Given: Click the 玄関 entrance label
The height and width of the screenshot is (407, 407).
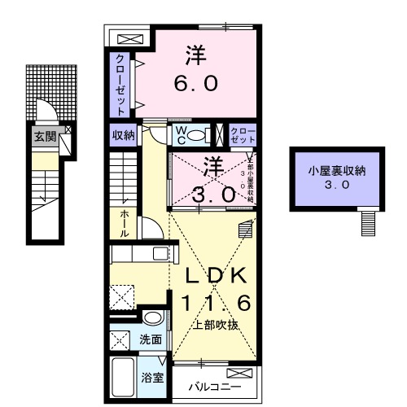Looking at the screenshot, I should coord(45,137).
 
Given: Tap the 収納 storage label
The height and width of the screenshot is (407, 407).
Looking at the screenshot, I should coord(123,135).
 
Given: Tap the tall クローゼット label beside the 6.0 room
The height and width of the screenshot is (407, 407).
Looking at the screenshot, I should coord(120,84).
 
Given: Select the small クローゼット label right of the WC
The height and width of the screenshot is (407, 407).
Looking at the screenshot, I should coord(243,135).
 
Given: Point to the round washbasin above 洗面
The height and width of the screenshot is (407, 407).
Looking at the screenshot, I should coord(151,317).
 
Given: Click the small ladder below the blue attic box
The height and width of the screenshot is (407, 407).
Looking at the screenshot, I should coord(368,220).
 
